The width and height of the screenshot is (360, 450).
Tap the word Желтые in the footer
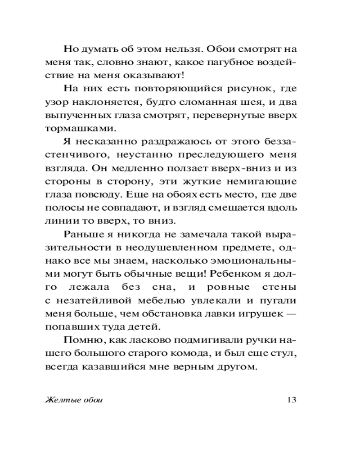coord(60,400)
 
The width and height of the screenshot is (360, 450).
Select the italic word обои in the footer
coord(92,400)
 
